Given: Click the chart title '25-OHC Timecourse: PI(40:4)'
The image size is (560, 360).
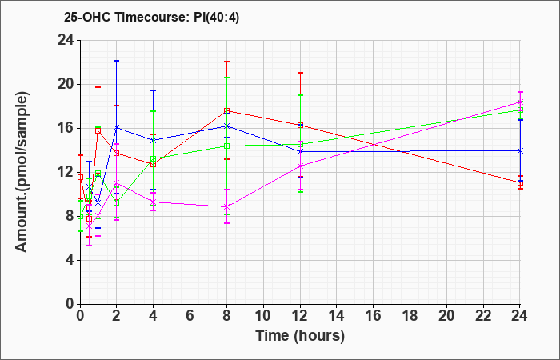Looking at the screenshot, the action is (x=151, y=17).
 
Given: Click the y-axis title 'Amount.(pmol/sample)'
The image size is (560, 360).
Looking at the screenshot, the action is (x=22, y=172).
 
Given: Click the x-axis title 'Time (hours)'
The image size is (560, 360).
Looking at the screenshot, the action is (x=300, y=336).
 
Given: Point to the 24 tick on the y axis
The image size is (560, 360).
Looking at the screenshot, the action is (x=66, y=40).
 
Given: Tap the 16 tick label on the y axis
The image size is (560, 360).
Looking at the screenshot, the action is (x=66, y=128).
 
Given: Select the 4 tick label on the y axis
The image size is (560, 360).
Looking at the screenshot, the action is (x=70, y=260).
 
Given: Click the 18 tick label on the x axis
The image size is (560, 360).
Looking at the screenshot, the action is (x=410, y=315).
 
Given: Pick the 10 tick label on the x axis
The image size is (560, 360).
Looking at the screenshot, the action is (x=263, y=315).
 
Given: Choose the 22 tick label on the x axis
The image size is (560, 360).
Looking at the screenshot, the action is (x=483, y=315).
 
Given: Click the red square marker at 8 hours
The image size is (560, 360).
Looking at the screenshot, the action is (x=226, y=110).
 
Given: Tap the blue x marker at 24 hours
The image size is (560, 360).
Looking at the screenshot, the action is (x=520, y=150).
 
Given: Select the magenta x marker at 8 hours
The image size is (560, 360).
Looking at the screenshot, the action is (x=226, y=206).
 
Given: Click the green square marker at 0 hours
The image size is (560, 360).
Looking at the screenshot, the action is (x=80, y=217).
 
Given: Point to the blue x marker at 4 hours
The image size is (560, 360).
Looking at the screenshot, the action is (x=154, y=140).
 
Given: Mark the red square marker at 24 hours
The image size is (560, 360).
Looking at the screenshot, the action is (x=520, y=183).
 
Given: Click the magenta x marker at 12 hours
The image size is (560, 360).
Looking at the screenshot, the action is (x=300, y=166).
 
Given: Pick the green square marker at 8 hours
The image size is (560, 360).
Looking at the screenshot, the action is (x=226, y=146).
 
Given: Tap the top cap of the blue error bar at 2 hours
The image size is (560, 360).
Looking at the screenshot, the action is (x=117, y=61).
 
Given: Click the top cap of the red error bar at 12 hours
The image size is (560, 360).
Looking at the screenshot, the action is (x=300, y=73).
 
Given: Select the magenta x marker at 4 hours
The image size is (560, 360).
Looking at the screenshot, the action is (x=154, y=202).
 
